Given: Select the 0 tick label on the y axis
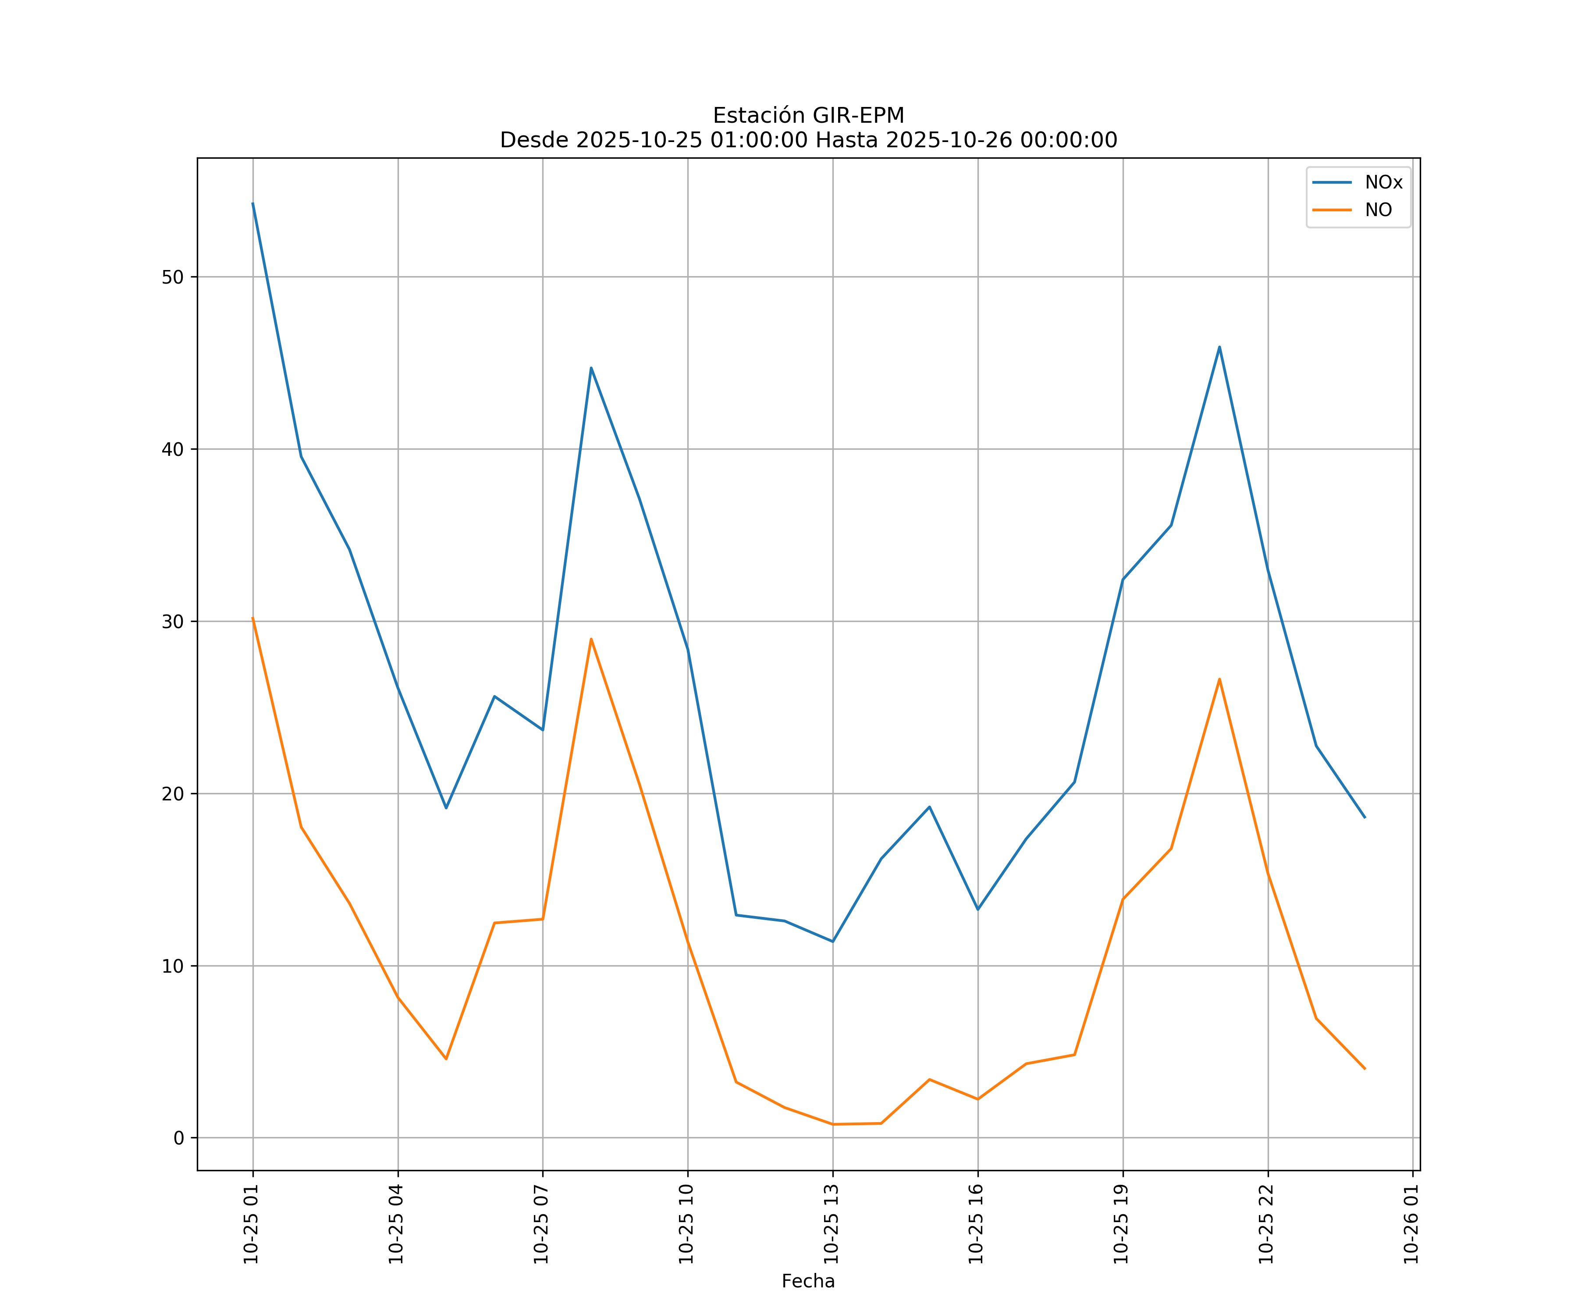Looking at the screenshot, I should [178, 1137].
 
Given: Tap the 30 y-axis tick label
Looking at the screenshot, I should [172, 622].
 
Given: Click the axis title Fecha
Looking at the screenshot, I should [808, 1281].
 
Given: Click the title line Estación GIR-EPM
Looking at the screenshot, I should [808, 116].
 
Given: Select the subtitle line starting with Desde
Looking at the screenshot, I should [808, 140].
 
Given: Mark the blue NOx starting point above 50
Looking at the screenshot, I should [252, 203].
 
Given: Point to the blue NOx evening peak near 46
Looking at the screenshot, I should [1219, 346].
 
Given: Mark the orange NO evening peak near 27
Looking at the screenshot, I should [1219, 679].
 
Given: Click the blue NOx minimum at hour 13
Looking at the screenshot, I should [832, 942].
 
